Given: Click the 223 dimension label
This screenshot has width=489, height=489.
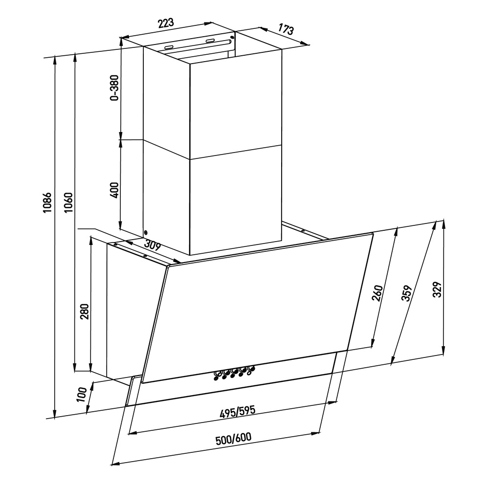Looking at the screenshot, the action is pos(166,23).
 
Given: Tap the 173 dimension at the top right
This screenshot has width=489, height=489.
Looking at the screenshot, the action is pos(286,29).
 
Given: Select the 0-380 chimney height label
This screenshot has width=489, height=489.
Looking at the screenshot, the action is pos(115,88).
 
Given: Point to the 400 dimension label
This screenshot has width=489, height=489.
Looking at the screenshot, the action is pos(115,190).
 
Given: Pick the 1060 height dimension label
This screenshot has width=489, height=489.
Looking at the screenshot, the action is pos(68,203).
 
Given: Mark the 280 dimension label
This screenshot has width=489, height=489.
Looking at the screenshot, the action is pos(85,311).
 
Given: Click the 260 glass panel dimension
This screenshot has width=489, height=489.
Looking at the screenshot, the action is pos(377,293).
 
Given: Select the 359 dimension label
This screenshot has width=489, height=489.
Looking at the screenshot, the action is pos(407,293).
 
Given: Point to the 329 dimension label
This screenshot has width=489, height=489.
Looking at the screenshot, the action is pos(438,289).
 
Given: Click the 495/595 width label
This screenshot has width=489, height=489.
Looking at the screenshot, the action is pos(238,412).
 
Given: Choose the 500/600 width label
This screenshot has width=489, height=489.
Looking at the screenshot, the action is pos(233,439).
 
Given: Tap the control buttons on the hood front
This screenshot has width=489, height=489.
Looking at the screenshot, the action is pos(234,373).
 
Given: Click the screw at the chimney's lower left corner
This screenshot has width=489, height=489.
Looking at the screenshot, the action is pos(146,232).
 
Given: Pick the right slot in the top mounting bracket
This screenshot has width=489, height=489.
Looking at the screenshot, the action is pos(210,41).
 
